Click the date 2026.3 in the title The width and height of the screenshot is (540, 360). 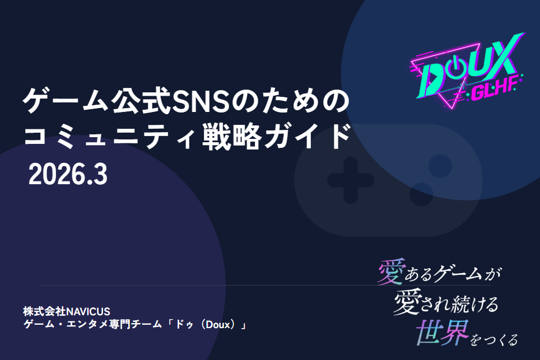67,175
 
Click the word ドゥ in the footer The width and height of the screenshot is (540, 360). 185,325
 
